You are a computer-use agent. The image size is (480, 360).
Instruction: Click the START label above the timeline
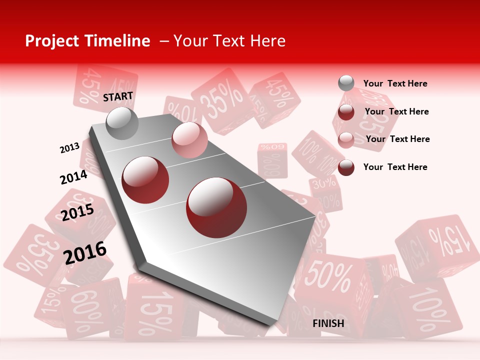tap(118, 96)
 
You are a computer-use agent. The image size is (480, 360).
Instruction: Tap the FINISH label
tap(328, 323)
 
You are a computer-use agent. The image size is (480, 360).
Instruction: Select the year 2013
tap(69, 148)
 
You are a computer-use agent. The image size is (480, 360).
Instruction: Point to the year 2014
tap(73, 177)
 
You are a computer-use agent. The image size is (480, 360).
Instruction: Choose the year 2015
tap(77, 212)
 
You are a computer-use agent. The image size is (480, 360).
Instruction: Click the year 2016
tap(85, 252)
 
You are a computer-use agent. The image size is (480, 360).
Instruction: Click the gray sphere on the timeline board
tap(122, 123)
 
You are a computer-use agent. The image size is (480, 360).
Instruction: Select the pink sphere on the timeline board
tap(189, 139)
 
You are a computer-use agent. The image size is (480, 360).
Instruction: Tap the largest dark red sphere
tap(216, 207)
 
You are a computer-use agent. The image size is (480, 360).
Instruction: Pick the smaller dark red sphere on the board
tap(145, 179)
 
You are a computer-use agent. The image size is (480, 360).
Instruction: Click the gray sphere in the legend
tap(346, 83)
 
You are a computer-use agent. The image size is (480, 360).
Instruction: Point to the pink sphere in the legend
tap(346, 140)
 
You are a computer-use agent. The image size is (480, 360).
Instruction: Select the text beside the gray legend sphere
tap(395, 84)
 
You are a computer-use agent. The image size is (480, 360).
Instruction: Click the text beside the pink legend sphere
tap(397, 139)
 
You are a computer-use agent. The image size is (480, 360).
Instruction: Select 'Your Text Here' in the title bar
tap(229, 41)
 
